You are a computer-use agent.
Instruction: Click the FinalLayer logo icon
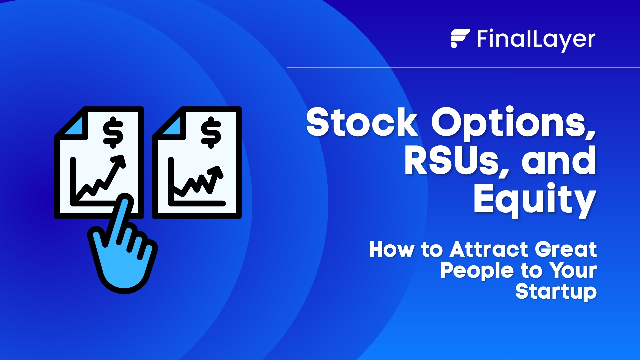[460, 38]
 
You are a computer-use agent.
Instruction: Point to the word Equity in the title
[534, 200]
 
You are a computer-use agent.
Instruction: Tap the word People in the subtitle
[477, 271]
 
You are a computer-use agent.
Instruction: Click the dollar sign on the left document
[113, 132]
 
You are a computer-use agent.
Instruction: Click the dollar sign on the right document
[211, 132]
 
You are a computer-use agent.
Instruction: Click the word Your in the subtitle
[573, 271]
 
